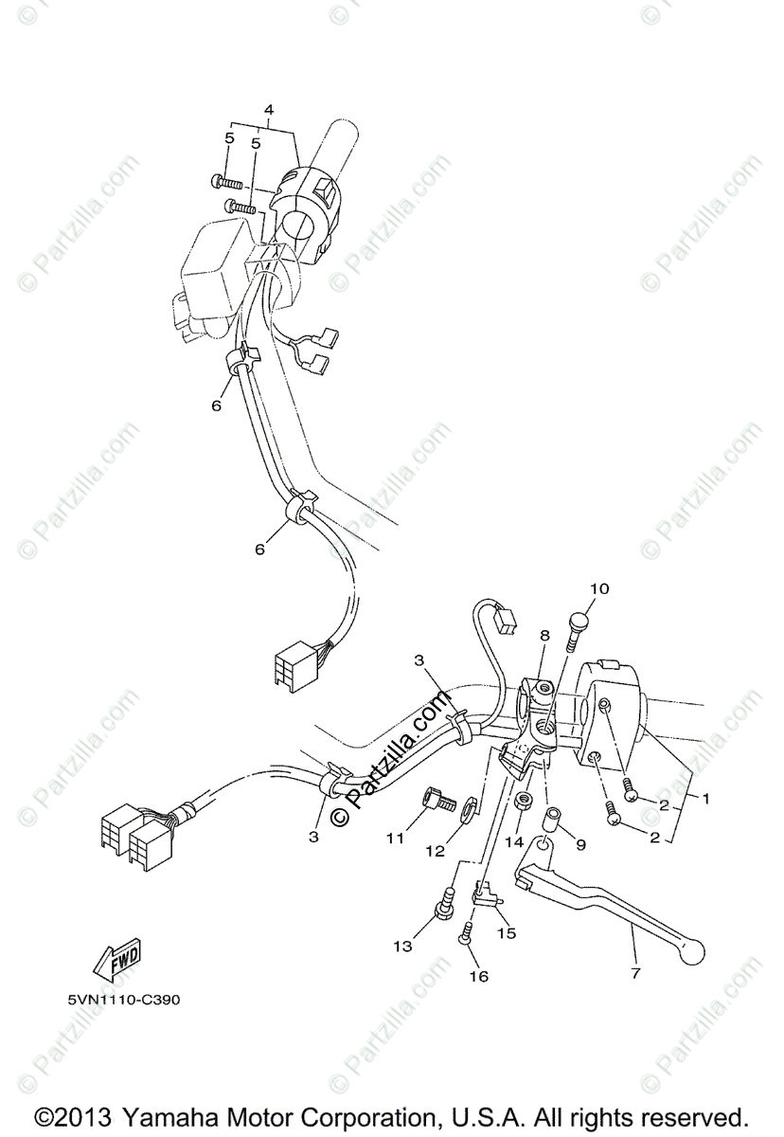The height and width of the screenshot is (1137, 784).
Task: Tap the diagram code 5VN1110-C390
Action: click(124, 1000)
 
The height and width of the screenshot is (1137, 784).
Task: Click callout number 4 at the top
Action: click(269, 109)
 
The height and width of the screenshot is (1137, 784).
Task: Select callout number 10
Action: click(599, 588)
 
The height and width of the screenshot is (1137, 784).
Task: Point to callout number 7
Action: click(636, 973)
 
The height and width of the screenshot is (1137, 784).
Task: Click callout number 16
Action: click(480, 976)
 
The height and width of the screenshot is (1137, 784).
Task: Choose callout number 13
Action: click(402, 946)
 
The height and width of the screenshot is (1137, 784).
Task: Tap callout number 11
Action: click(395, 839)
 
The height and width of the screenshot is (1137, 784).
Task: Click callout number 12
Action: click(436, 850)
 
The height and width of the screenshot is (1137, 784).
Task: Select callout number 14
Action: click(514, 842)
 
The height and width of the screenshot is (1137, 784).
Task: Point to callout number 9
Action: click(581, 844)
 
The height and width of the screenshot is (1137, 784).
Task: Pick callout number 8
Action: click(544, 635)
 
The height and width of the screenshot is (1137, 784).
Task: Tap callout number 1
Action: click(705, 799)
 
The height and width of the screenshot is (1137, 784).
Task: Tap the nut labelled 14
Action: click(524, 802)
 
